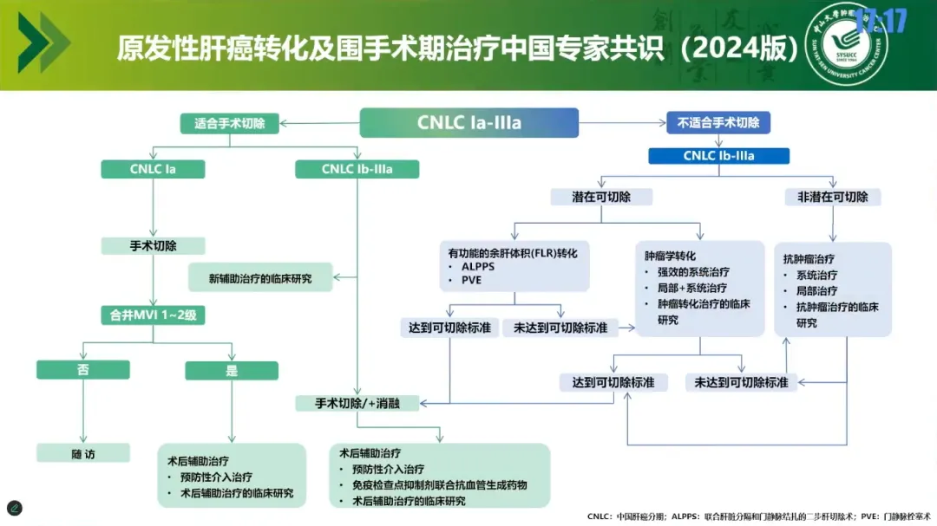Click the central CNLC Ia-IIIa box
[x=468, y=123]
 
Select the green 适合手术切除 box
[x=234, y=123]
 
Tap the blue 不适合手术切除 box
[x=718, y=123]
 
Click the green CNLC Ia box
[x=153, y=169]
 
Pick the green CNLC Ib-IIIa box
[x=357, y=169]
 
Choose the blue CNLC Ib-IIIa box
[x=718, y=156]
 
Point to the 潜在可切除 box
[x=602, y=197]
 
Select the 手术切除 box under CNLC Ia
[x=153, y=245]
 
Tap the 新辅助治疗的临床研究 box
[x=260, y=278]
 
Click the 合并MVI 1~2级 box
[x=153, y=315]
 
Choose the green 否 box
[x=83, y=370]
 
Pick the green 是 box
[x=232, y=370]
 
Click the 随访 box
[x=83, y=453]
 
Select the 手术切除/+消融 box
[x=357, y=403]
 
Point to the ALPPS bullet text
[x=477, y=267]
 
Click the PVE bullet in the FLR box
[x=471, y=281]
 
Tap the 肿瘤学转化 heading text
[x=670, y=257]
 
